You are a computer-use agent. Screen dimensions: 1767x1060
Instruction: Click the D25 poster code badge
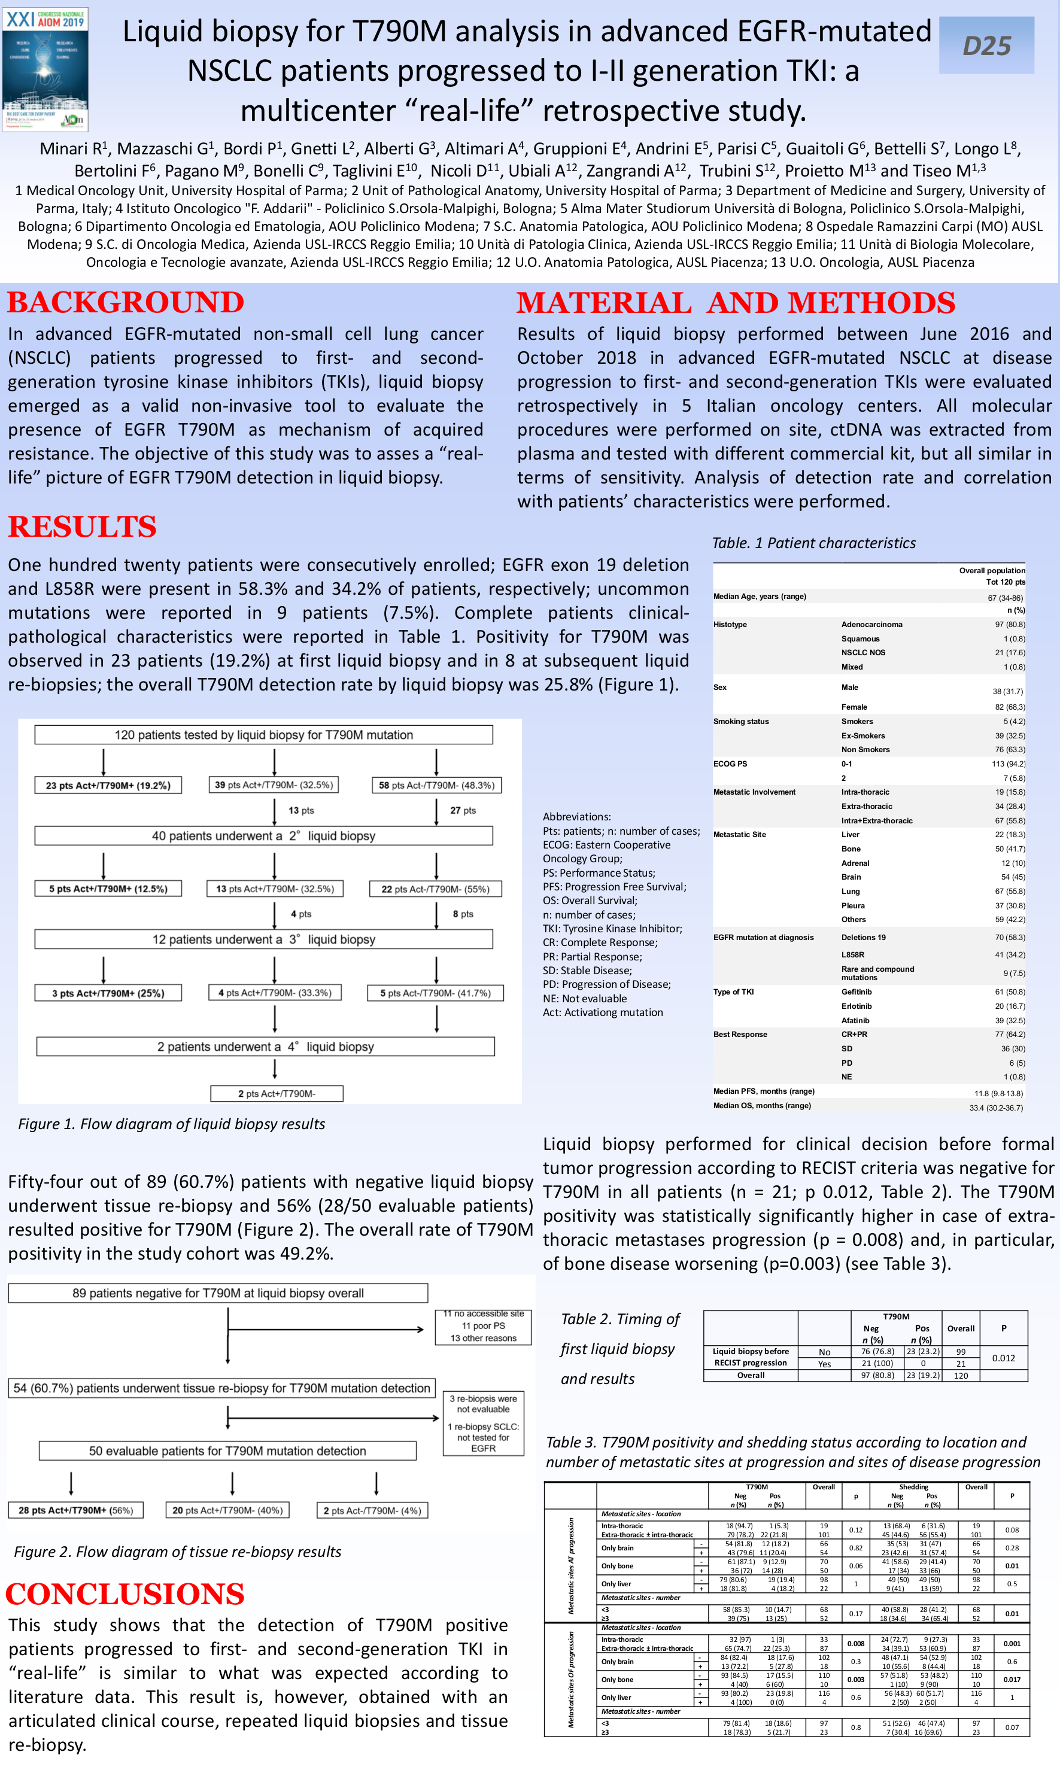[x=986, y=45]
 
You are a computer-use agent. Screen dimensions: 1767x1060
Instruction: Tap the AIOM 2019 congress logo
[x=45, y=69]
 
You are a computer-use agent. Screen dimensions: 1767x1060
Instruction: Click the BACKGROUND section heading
[x=126, y=303]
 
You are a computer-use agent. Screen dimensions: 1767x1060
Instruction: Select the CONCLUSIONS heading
[x=125, y=1594]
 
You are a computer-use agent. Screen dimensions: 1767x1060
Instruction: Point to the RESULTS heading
[x=82, y=527]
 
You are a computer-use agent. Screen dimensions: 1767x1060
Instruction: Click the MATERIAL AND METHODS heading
[x=736, y=303]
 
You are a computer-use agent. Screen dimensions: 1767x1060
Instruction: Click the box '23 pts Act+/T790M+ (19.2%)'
[x=108, y=785]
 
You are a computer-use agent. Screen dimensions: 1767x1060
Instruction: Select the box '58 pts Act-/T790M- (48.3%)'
[x=436, y=785]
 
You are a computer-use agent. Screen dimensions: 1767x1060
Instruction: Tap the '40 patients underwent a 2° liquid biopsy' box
[x=263, y=836]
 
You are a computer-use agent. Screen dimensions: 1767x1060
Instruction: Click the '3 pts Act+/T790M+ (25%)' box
[x=108, y=993]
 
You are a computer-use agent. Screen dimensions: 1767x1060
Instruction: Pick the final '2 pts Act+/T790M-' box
[x=277, y=1094]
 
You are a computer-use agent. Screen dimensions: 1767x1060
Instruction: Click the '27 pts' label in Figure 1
[x=463, y=810]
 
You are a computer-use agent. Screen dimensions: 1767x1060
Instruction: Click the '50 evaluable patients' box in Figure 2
[x=227, y=1450]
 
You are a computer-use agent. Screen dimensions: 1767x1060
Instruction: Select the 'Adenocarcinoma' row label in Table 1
[x=871, y=625]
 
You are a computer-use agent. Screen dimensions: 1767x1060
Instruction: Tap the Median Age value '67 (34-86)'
[x=1005, y=598]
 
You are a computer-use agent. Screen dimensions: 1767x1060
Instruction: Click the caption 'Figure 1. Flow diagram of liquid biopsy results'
[x=171, y=1124]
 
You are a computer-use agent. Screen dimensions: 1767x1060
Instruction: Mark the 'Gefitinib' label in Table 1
[x=856, y=992]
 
